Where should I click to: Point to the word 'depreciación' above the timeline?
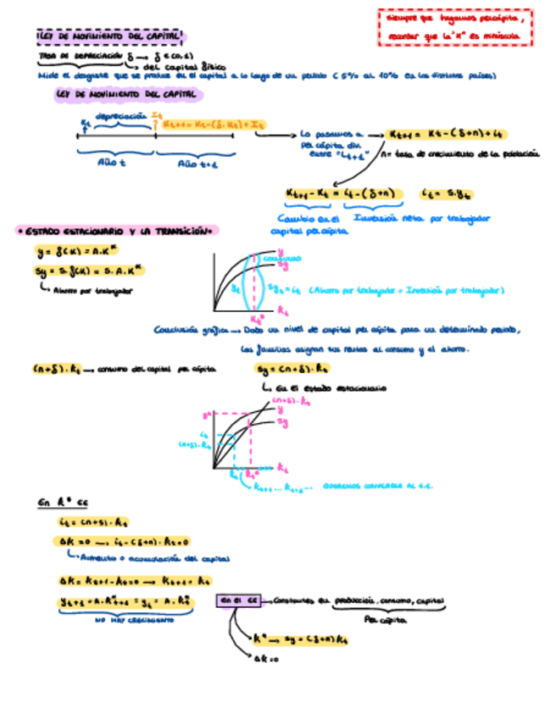(119, 115)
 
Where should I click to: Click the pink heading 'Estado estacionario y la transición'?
(118, 231)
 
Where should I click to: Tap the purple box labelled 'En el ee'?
(238, 600)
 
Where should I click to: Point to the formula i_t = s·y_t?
(441, 193)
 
